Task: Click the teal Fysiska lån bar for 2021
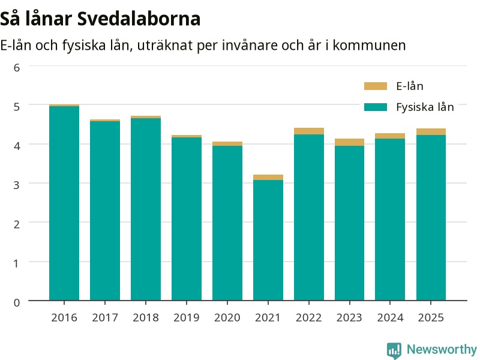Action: pyautogui.click(x=268, y=241)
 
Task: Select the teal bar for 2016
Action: pyautogui.click(x=64, y=203)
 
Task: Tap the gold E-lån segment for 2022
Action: pyautogui.click(x=309, y=131)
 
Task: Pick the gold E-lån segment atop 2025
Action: pyautogui.click(x=431, y=132)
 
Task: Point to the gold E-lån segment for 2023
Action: pyautogui.click(x=350, y=142)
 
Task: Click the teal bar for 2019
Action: pyautogui.click(x=187, y=219)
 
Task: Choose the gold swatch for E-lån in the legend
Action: pyautogui.click(x=376, y=86)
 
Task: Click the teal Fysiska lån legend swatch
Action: pyautogui.click(x=376, y=107)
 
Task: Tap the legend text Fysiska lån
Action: pyautogui.click(x=425, y=107)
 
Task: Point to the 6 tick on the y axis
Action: pyautogui.click(x=17, y=67)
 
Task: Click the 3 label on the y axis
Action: pyautogui.click(x=17, y=185)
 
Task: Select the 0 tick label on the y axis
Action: pyautogui.click(x=17, y=302)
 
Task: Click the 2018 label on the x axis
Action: pyautogui.click(x=146, y=317)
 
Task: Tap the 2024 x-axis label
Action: pyautogui.click(x=391, y=317)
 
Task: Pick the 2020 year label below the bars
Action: pyautogui.click(x=227, y=317)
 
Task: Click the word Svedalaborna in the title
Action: pyautogui.click(x=139, y=19)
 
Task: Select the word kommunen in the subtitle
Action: pyautogui.click(x=369, y=46)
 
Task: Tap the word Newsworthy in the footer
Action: pyautogui.click(x=442, y=349)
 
